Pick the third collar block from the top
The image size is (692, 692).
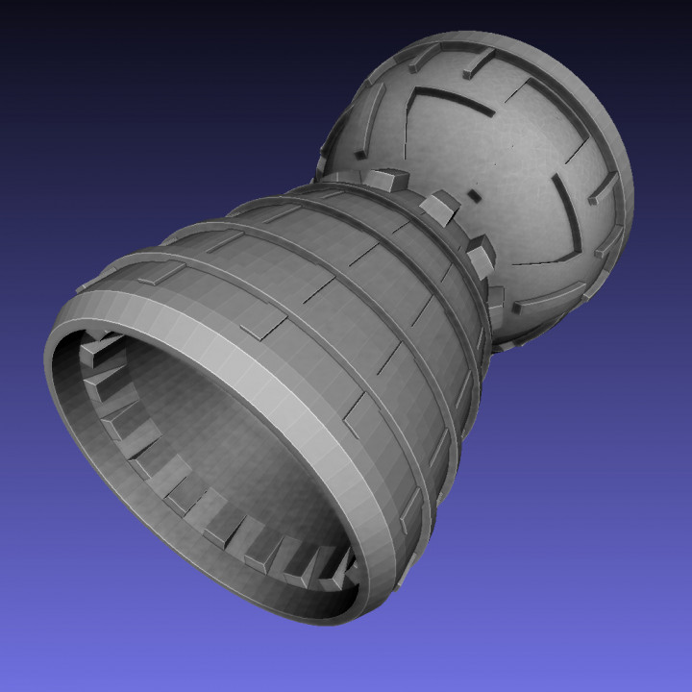[x=479, y=252]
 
